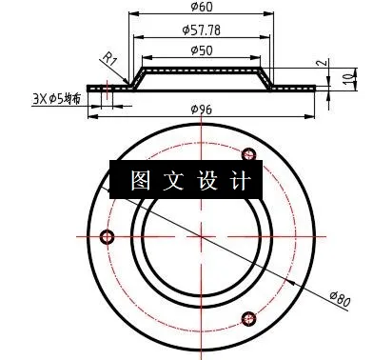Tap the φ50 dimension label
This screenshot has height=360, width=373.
(x=201, y=50)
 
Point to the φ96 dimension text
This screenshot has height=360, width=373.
(x=202, y=110)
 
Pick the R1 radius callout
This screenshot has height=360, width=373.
(x=110, y=61)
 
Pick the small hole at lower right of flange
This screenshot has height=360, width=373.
(x=251, y=318)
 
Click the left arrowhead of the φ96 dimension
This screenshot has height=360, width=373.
(x=91, y=118)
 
